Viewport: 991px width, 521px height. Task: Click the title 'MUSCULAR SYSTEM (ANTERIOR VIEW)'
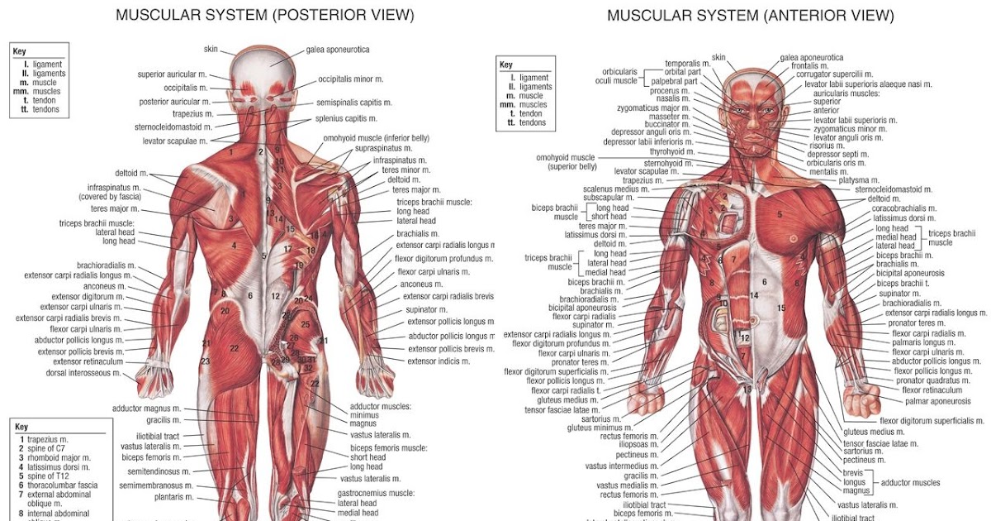(750, 15)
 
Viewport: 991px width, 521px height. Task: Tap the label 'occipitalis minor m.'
(351, 79)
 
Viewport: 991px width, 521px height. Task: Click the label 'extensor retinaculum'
(88, 361)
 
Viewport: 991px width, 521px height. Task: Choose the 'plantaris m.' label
(173, 497)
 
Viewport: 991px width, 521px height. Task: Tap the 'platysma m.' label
(858, 179)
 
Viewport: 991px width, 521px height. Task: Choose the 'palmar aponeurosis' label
(937, 401)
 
